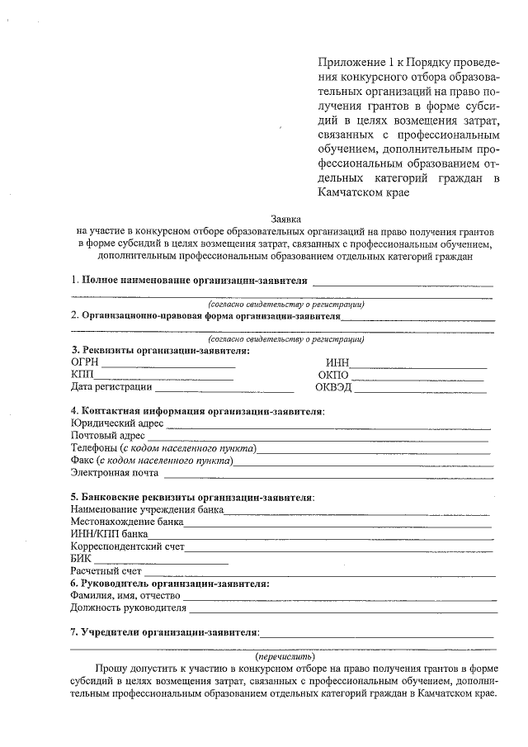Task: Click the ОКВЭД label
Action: click(x=334, y=387)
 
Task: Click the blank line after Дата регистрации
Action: click(x=224, y=389)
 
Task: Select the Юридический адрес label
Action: click(x=117, y=423)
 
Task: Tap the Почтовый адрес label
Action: click(x=108, y=436)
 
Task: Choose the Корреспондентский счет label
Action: click(x=127, y=546)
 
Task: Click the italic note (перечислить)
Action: click(x=285, y=656)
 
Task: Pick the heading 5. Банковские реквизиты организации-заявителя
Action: click(x=192, y=498)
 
